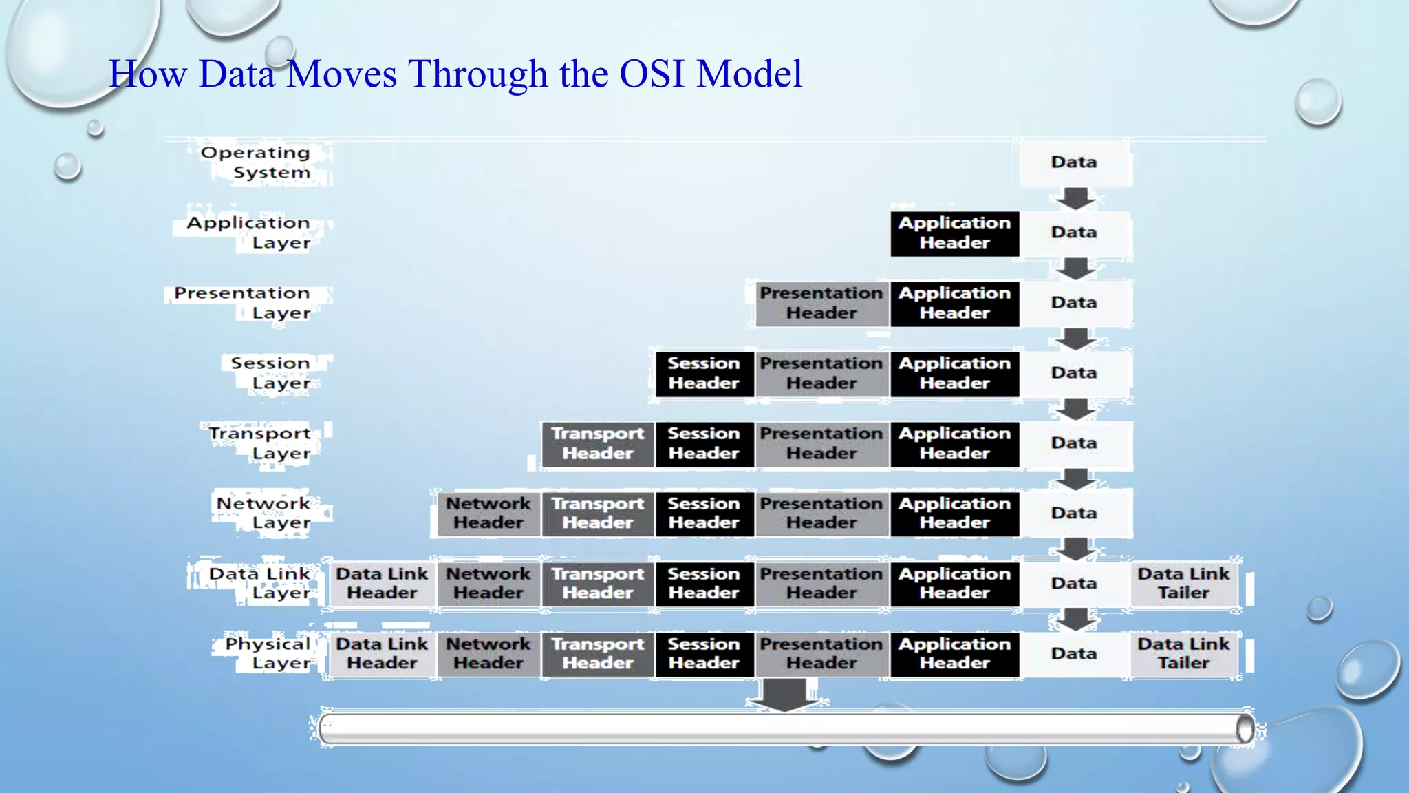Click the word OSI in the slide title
pos(652,74)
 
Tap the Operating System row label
pos(256,162)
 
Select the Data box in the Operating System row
pos(1074,162)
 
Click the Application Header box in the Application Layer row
pos(954,233)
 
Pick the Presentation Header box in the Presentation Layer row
pos(821,304)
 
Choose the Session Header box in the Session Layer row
pos(703,374)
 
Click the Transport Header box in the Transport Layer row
pos(597,444)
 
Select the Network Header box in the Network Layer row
pos(488,514)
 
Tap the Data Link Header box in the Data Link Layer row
pos(382,584)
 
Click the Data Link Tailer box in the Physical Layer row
pos(1183,654)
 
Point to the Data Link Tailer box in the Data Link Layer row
pos(1183,584)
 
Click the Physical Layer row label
pos(268,654)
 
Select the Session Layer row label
pos(271,373)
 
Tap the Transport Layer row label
pos(260,443)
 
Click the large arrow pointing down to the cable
pos(786,694)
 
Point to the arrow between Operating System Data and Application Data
pos(1075,198)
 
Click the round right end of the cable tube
pos(1244,729)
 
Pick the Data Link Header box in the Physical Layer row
pos(382,654)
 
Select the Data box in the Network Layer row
pos(1074,514)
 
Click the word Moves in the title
pos(341,74)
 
